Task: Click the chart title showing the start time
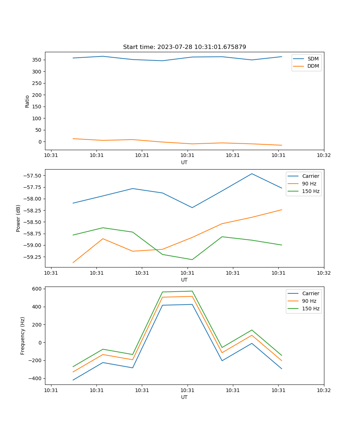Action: point(184,47)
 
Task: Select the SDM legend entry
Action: point(313,59)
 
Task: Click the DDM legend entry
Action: point(313,66)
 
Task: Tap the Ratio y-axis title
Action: point(27,101)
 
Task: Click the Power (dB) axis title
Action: point(18,218)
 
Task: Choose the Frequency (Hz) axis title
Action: point(23,336)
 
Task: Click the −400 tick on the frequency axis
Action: point(36,378)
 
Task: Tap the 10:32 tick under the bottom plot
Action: point(324,390)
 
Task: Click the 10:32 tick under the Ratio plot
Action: point(324,156)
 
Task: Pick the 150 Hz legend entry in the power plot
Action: point(311,191)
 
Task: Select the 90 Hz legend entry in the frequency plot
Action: point(309,301)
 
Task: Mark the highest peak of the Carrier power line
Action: point(252,174)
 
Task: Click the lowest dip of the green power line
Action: point(192,260)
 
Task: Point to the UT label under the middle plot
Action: point(184,280)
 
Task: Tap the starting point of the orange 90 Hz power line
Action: point(73,263)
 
